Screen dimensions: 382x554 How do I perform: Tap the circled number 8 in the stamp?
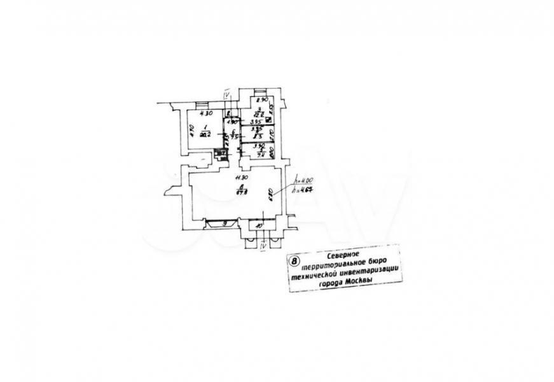(294, 260)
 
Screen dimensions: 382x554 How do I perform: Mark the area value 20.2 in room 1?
(204, 135)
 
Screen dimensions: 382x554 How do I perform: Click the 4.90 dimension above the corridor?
(232, 122)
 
